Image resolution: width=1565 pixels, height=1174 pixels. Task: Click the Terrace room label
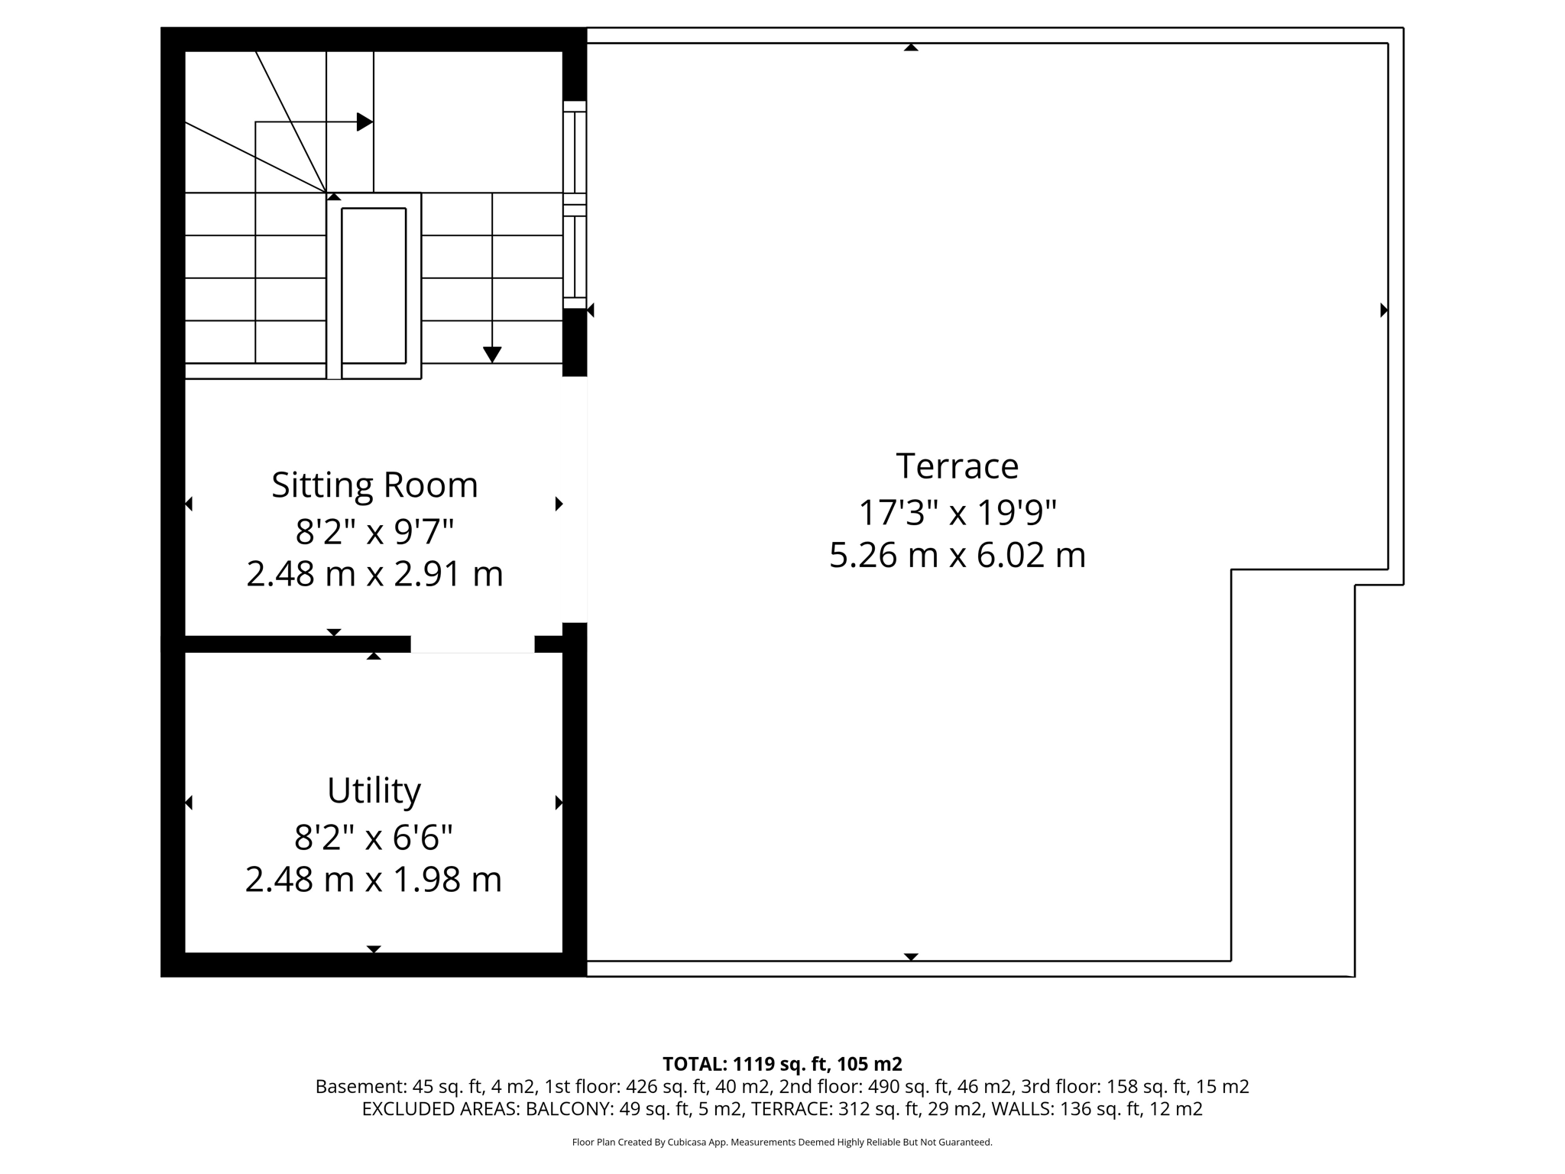[957, 466]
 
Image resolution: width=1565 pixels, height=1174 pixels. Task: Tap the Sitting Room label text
[374, 485]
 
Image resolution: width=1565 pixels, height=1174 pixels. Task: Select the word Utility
[374, 790]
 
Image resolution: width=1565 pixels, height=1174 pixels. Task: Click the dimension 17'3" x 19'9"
[957, 513]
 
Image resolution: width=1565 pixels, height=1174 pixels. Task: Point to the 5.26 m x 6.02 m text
[957, 556]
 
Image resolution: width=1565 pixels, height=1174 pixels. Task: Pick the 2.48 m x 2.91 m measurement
[374, 574]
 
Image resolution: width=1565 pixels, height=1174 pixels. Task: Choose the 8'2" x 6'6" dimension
[374, 838]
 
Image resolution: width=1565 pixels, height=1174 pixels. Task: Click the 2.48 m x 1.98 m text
[374, 880]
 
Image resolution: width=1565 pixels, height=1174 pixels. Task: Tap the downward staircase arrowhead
[492, 355]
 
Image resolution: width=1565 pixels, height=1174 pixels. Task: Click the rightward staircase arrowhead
[365, 122]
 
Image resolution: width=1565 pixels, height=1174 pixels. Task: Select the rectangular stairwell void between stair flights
[374, 285]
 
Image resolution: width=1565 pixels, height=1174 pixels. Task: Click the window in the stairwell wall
[575, 205]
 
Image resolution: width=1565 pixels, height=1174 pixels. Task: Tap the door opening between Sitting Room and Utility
[472, 644]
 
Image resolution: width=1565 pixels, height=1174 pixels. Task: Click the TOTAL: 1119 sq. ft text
[782, 1064]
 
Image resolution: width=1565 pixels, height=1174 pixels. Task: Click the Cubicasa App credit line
[782, 1143]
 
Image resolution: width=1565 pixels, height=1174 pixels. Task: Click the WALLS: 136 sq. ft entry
[1129, 1109]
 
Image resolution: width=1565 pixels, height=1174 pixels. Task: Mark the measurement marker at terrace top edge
[911, 47]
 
